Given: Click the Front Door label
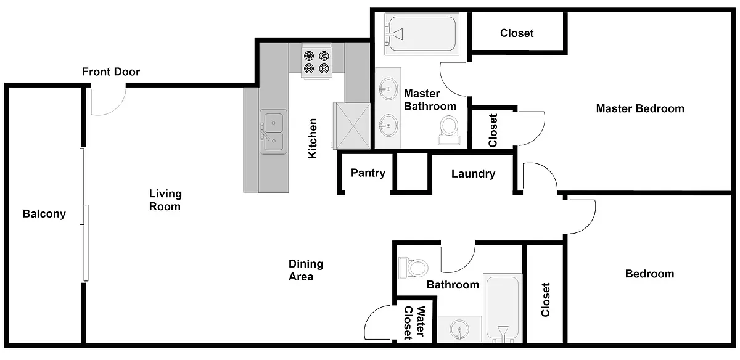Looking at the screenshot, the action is [x=111, y=72].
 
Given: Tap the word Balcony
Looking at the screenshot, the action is [x=44, y=214].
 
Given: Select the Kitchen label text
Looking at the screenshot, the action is [x=313, y=138].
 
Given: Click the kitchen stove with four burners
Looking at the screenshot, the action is [x=316, y=62].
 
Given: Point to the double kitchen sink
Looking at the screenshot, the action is [x=273, y=132].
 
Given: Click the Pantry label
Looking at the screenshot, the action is [x=368, y=173].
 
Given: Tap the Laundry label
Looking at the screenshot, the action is [x=474, y=174].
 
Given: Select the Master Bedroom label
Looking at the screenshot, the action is [x=640, y=108].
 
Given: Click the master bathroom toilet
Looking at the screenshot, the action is [x=450, y=130].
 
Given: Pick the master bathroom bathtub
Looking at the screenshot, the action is [x=422, y=34].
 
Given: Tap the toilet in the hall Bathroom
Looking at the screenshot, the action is [x=413, y=268].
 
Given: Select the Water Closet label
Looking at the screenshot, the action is [x=414, y=322].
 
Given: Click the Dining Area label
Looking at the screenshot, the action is [x=306, y=270].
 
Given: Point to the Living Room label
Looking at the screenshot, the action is [x=165, y=200].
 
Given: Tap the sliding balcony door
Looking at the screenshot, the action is [x=84, y=215].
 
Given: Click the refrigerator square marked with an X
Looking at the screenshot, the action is [x=351, y=126].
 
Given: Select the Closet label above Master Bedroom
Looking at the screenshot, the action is [x=517, y=33].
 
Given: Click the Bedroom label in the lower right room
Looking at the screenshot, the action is [x=649, y=274].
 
